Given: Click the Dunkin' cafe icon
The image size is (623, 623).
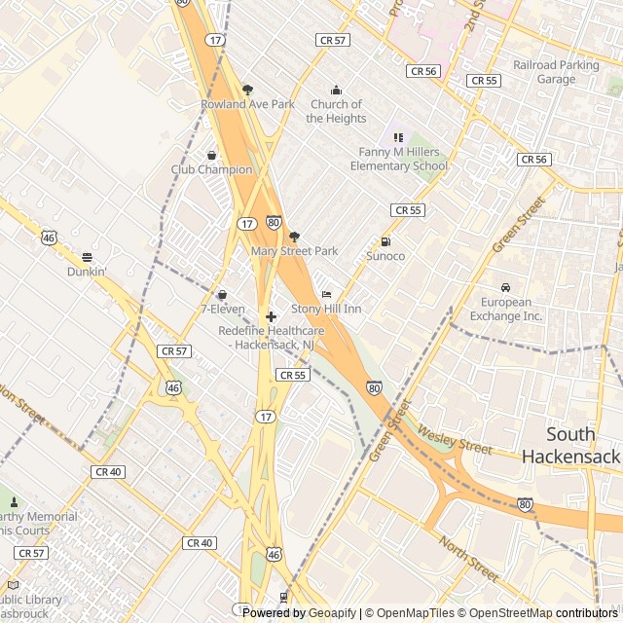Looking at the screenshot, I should (x=87, y=258).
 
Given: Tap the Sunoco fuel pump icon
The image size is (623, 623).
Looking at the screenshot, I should (x=385, y=241).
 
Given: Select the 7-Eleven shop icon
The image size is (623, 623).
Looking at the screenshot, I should (x=222, y=294).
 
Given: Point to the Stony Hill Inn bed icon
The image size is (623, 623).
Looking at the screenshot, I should (x=326, y=294).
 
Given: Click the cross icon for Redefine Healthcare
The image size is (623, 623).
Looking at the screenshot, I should (x=271, y=316).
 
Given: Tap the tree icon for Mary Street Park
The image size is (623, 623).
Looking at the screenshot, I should (x=294, y=237).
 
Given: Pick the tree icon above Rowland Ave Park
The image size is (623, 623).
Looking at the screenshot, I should (x=247, y=90).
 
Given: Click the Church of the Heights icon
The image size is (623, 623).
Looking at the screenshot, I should (x=337, y=90).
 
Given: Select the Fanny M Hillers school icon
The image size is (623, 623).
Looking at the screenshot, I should (x=397, y=137).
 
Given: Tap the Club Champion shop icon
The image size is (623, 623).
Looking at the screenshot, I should (x=211, y=155).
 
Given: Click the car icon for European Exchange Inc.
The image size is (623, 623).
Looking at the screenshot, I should (x=506, y=287).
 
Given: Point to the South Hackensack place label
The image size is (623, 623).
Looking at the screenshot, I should (x=569, y=445).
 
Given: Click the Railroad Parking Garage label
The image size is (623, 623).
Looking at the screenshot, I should (x=557, y=72).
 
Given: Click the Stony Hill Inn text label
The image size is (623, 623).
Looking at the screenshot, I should (x=326, y=309).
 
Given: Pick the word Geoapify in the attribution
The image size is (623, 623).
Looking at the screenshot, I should (x=332, y=613).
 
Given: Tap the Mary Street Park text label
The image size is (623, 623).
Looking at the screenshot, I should (x=294, y=251).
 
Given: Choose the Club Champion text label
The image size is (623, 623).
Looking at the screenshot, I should (x=211, y=169).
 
